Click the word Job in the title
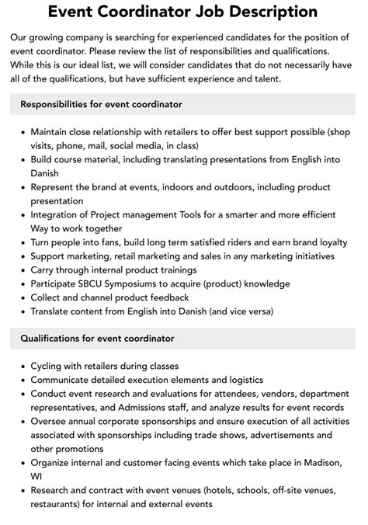[x=219, y=12]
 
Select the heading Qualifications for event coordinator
[x=97, y=338]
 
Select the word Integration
[x=58, y=215]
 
